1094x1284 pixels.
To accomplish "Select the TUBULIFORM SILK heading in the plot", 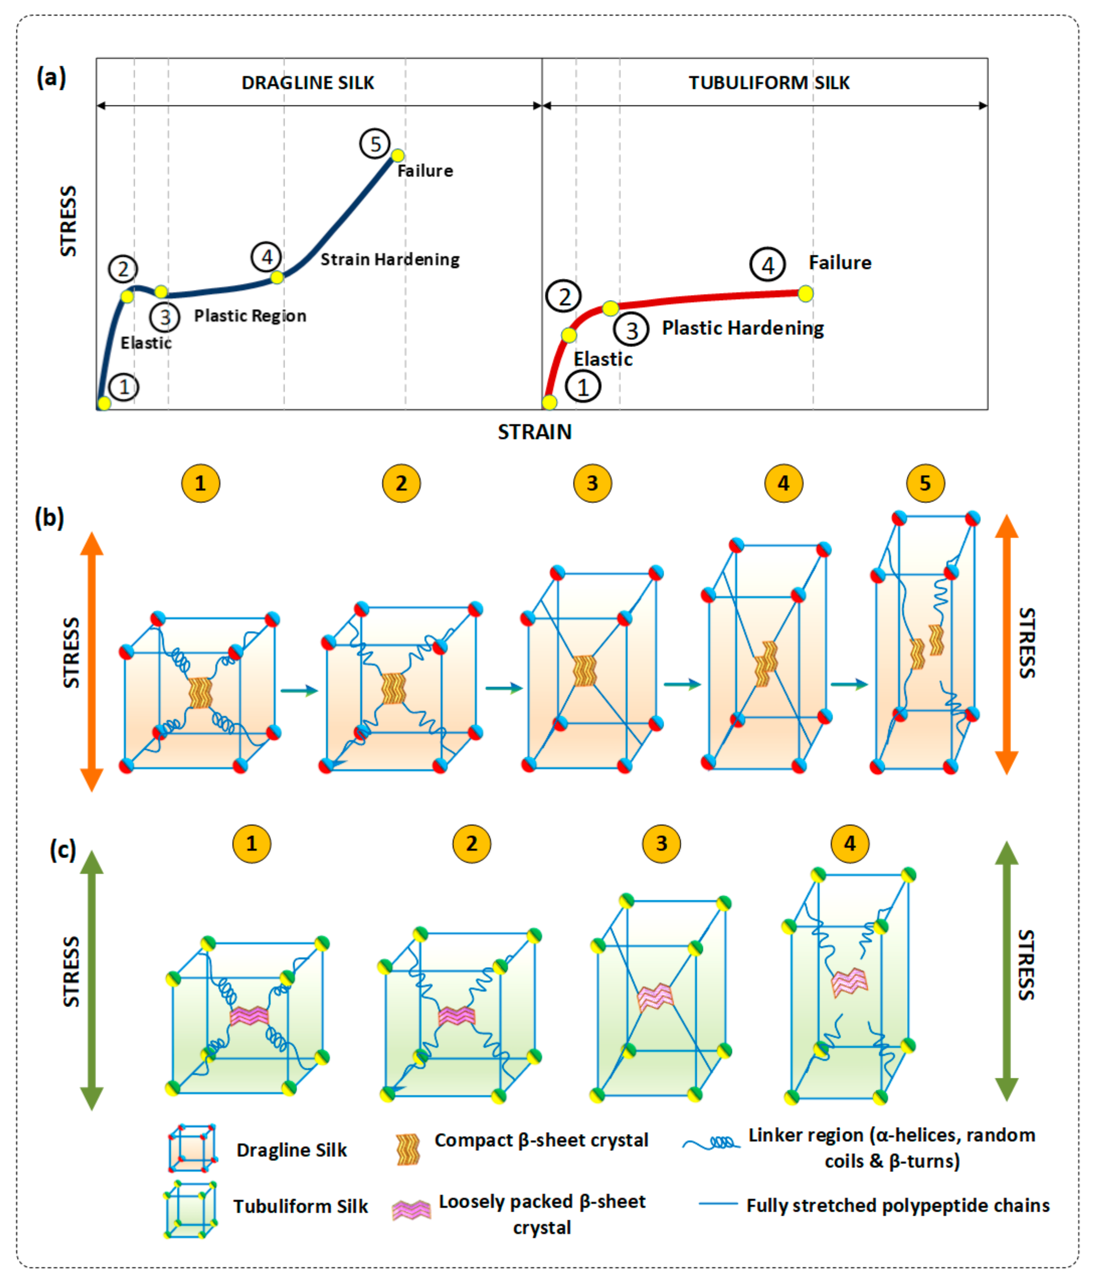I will (x=769, y=83).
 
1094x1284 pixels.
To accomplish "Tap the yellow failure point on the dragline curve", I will (x=398, y=155).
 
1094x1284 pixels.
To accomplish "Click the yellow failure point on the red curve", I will (x=805, y=293).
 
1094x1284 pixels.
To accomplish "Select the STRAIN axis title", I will (x=535, y=432).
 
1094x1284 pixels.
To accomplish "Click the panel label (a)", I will (x=51, y=77).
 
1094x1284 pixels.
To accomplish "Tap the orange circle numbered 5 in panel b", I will (x=925, y=483).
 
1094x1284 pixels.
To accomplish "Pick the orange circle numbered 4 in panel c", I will (x=850, y=843).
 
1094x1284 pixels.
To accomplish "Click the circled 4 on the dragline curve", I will (x=267, y=256).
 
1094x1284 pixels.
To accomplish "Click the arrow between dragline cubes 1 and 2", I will (x=299, y=690).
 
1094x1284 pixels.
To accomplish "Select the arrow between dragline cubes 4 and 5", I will (x=849, y=684).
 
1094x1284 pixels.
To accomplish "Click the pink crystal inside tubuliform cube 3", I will (x=655, y=996).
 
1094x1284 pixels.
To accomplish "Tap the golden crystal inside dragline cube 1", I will (x=200, y=692).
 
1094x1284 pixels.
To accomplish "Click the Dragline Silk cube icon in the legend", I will (x=192, y=1148).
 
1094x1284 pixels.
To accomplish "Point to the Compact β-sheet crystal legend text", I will (x=541, y=1140).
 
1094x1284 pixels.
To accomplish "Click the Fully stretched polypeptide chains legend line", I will (x=718, y=1204).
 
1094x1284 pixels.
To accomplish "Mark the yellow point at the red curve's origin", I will (x=549, y=402).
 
